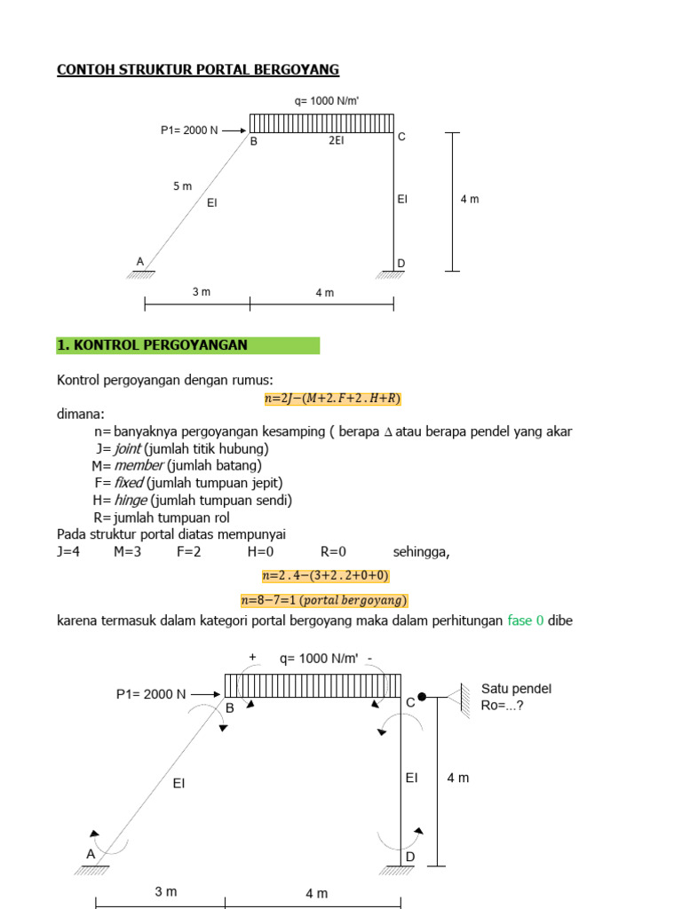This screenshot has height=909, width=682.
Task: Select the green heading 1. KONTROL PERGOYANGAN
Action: tap(153, 345)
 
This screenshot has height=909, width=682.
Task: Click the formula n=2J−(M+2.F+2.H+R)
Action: tap(333, 399)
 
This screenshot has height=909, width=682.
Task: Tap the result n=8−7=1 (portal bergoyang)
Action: tap(325, 599)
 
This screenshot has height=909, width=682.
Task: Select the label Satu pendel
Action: tap(516, 689)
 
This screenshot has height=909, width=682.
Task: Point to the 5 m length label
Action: tap(182, 186)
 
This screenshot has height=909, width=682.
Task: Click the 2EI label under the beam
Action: tap(337, 140)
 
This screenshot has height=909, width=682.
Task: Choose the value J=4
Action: tap(68, 552)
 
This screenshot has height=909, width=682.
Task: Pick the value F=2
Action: tap(188, 552)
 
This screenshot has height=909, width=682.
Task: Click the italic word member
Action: tap(139, 465)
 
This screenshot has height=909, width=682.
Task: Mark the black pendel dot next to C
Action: tap(423, 697)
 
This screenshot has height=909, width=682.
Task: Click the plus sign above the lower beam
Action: tap(253, 657)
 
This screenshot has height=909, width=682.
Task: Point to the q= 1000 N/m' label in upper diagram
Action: tap(326, 101)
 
